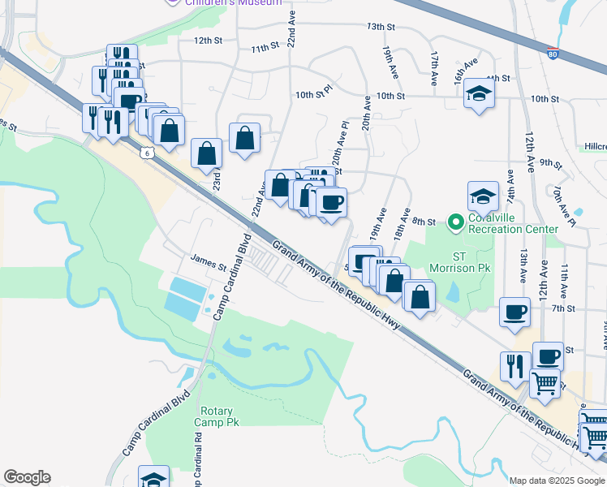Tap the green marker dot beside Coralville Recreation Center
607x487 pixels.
coord(455,220)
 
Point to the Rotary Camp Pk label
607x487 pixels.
coord(219,416)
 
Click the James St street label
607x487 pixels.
coord(209,263)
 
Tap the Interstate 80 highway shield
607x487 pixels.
coord(552,54)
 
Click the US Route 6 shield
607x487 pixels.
coord(145,152)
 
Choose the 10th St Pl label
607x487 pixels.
coord(314,95)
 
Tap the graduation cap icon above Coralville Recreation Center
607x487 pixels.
coord(483,196)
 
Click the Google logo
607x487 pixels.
coord(27,477)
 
